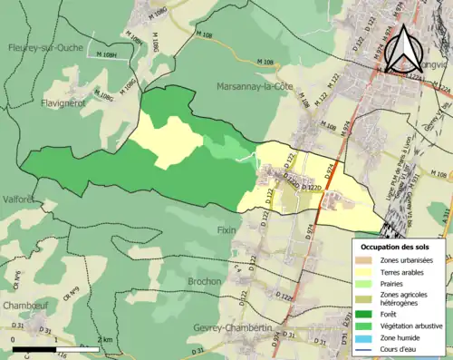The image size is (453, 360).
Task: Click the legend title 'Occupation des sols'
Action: (395, 247)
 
